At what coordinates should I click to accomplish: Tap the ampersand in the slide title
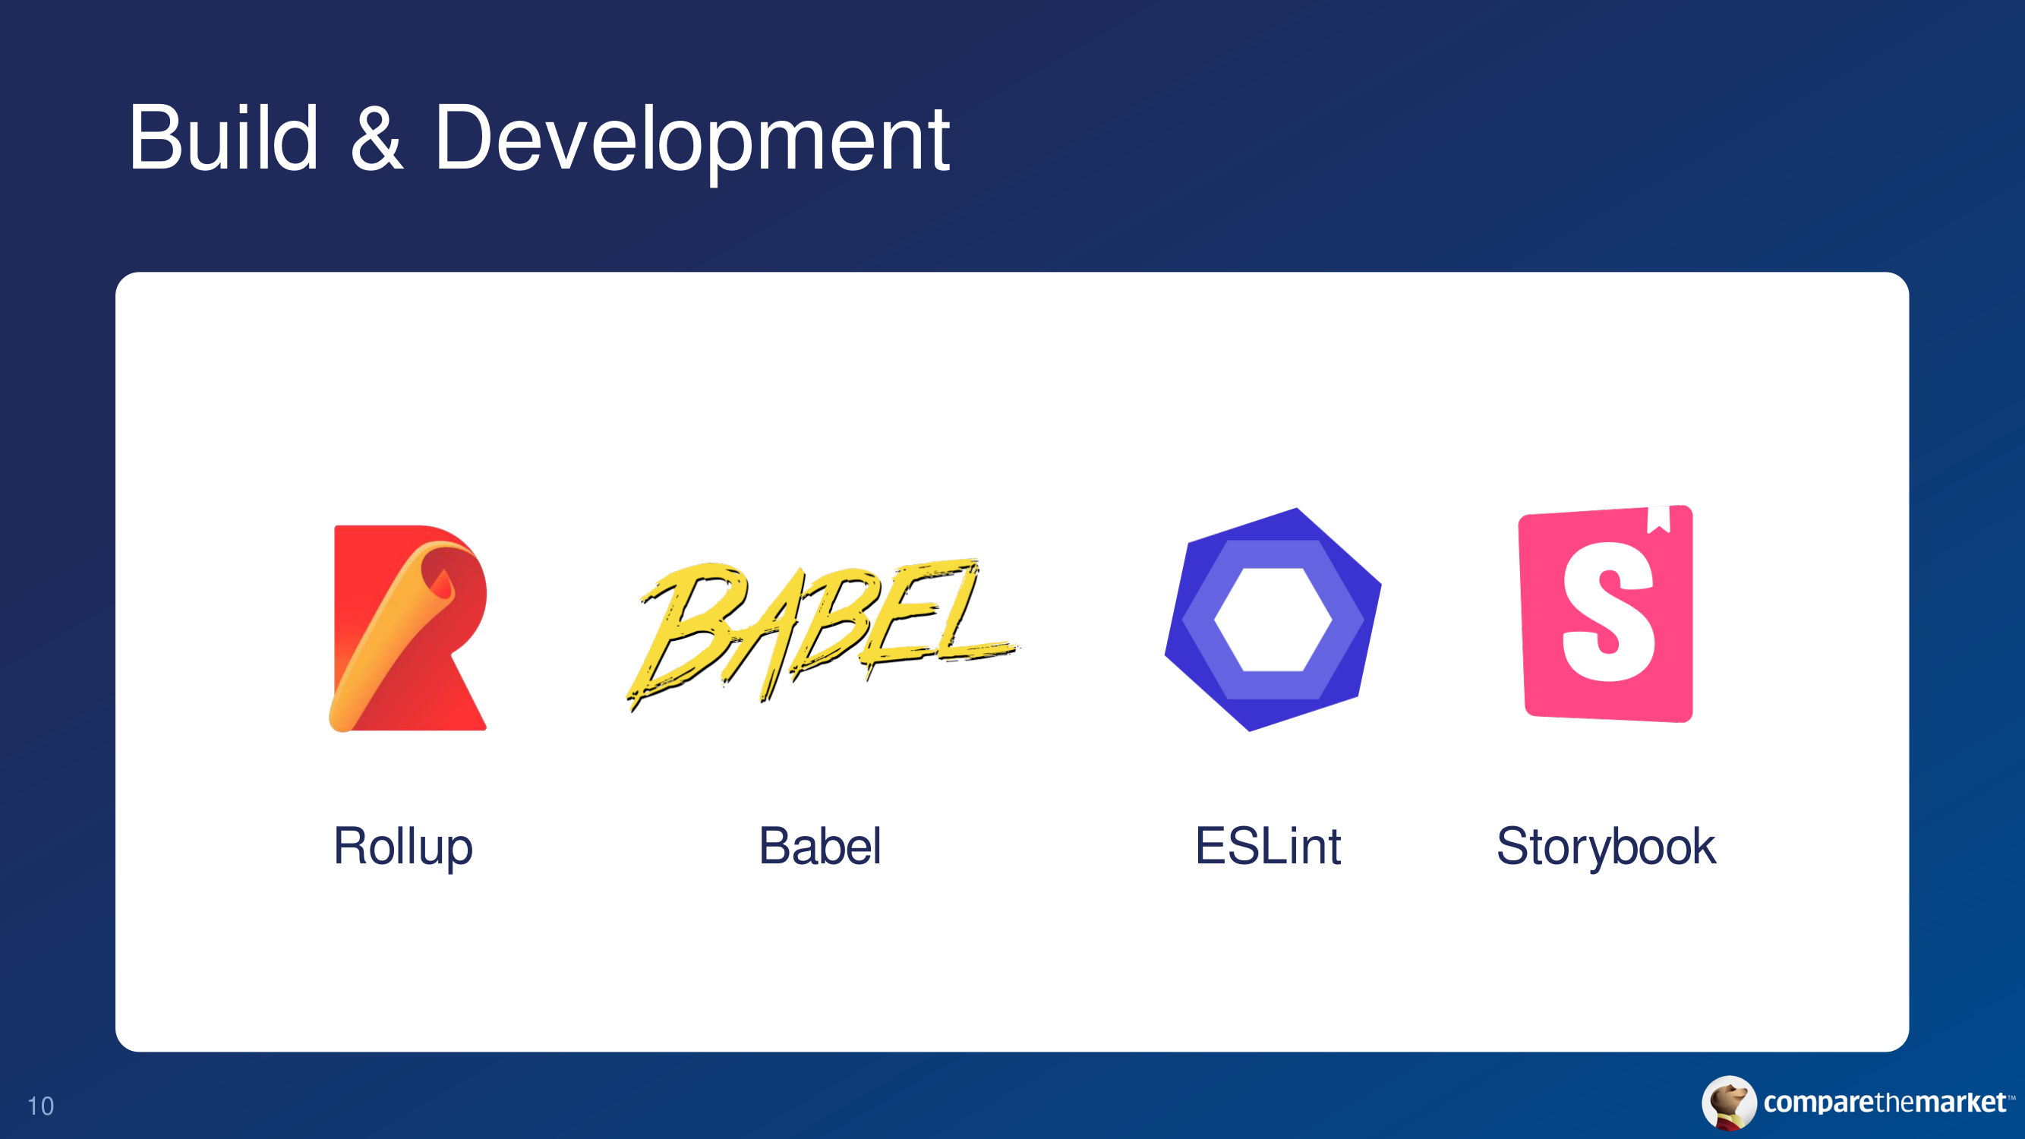(x=377, y=138)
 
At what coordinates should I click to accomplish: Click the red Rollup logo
(x=408, y=628)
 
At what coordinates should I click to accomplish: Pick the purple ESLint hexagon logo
(x=1273, y=620)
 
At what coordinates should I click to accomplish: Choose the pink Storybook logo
(x=1606, y=613)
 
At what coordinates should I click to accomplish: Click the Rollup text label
(x=403, y=847)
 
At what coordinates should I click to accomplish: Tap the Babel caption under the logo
(x=820, y=846)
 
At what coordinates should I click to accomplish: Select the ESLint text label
(x=1268, y=846)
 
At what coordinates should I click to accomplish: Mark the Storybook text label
(x=1606, y=847)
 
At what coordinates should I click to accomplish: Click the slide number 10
(x=41, y=1106)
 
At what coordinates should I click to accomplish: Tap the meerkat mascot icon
(x=1729, y=1102)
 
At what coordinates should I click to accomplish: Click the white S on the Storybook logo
(x=1608, y=611)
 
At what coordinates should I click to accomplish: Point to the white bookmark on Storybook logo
(x=1659, y=519)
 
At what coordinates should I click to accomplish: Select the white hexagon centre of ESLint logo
(x=1273, y=620)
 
